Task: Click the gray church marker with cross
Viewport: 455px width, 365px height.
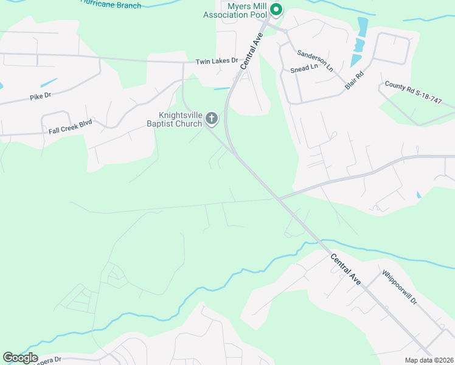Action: point(212,118)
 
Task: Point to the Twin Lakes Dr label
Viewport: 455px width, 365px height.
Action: point(217,61)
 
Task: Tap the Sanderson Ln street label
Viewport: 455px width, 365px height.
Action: point(315,58)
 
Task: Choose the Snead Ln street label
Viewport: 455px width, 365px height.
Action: point(304,68)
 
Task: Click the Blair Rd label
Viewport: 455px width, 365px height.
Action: point(354,81)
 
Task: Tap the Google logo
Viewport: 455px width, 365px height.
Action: point(20,358)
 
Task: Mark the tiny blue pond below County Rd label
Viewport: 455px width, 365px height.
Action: point(418,195)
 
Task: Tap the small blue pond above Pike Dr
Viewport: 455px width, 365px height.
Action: point(49,83)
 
